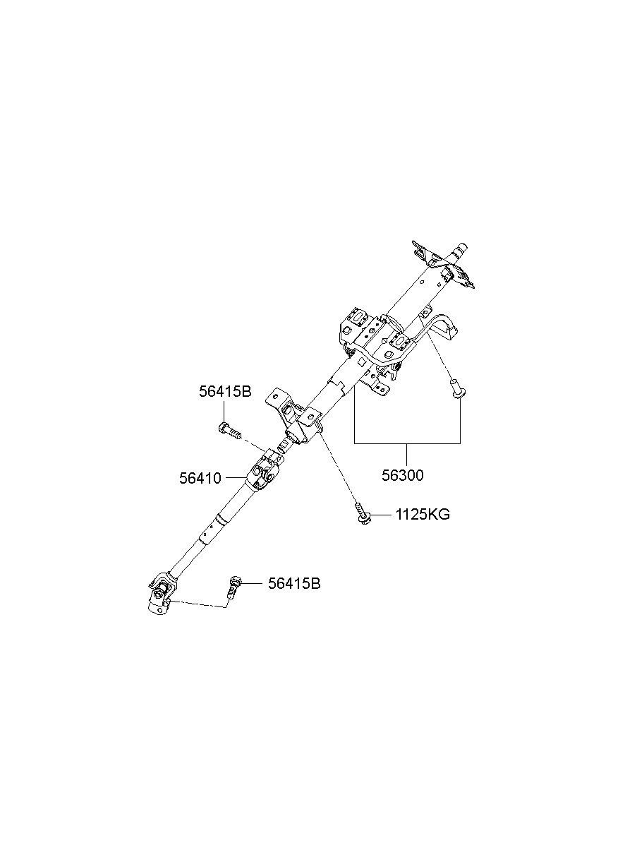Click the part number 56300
point(402,476)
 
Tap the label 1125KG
point(422,515)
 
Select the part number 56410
point(200,478)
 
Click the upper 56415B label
point(225,392)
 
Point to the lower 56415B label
point(294,594)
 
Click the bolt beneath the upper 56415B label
point(230,431)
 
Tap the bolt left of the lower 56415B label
point(233,597)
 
